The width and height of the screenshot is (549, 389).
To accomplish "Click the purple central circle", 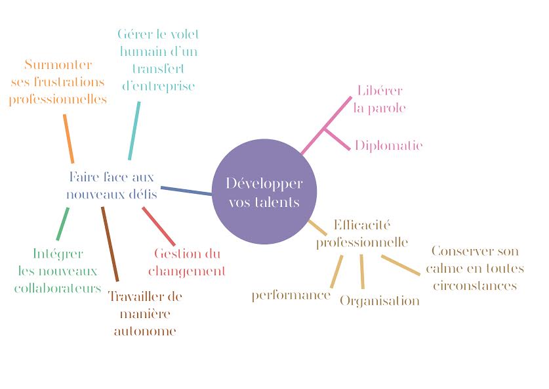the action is (x=264, y=191).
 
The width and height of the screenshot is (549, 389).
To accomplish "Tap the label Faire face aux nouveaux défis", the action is (x=112, y=185).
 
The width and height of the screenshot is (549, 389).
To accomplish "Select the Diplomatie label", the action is (x=389, y=146).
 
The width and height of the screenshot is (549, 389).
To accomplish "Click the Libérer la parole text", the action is (x=380, y=99).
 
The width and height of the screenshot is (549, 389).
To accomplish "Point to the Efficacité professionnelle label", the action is (x=362, y=234).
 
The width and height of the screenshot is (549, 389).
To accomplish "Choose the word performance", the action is (x=291, y=296).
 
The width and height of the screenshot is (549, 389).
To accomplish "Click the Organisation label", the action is (x=380, y=301).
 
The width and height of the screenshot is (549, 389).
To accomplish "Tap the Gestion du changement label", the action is (x=187, y=262).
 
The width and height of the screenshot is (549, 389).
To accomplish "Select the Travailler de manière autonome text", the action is (x=145, y=313).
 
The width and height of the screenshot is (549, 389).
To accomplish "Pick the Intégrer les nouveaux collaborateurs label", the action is (x=58, y=271).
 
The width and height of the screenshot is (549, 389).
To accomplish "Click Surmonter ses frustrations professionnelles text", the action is (x=58, y=82).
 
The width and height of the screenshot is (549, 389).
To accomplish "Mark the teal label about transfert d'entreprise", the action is (x=158, y=60).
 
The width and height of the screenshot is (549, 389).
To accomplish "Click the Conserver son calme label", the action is (x=475, y=268).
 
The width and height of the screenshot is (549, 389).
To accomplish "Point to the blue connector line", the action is (x=186, y=191).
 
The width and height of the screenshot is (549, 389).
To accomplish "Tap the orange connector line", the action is (x=69, y=139).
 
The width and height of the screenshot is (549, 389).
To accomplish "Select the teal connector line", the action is (x=134, y=131).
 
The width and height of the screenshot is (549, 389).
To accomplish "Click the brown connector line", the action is (x=110, y=244).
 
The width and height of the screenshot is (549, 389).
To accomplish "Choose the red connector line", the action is (x=159, y=226).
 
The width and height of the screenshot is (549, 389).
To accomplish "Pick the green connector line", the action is (x=63, y=224).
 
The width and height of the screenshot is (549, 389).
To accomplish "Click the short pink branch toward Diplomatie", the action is (x=337, y=139).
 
